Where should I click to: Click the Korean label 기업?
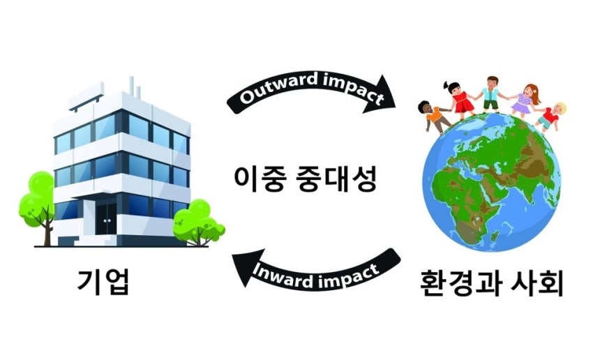click(103, 282)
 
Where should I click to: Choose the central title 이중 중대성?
click(306, 179)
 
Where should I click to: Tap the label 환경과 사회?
click(491, 283)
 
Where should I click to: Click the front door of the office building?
click(106, 219)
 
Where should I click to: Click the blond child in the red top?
click(551, 117)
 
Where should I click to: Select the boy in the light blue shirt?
click(491, 93)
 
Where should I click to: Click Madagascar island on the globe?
click(494, 235)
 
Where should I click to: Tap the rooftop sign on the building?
click(86, 96)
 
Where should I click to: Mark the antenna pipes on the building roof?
click(135, 87)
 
